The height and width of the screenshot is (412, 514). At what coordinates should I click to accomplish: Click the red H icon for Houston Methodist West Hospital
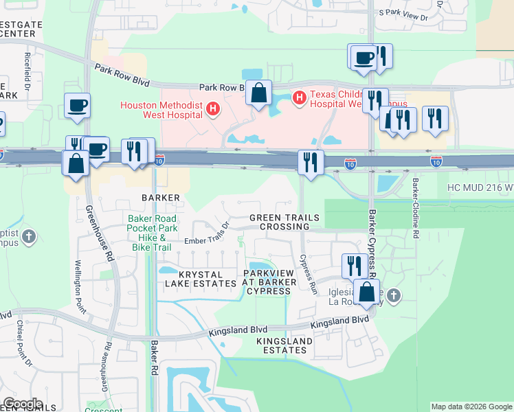pyautogui.click(x=214, y=108)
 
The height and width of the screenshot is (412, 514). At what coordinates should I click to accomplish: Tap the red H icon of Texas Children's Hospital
pyautogui.click(x=299, y=99)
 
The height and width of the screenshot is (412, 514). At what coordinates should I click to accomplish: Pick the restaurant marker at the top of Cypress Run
pyautogui.click(x=311, y=163)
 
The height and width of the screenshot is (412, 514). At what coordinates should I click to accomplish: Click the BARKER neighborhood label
pyautogui.click(x=161, y=198)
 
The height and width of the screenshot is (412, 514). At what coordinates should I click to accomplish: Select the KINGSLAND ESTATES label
pyautogui.click(x=282, y=345)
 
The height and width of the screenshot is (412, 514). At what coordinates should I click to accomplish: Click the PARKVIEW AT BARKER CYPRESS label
pyautogui.click(x=269, y=282)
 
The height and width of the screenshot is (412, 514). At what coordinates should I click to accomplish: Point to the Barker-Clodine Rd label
pyautogui.click(x=416, y=209)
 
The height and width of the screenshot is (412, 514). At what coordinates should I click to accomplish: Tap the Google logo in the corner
pyautogui.click(x=23, y=404)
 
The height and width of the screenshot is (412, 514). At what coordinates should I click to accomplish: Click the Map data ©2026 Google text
pyautogui.click(x=471, y=407)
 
